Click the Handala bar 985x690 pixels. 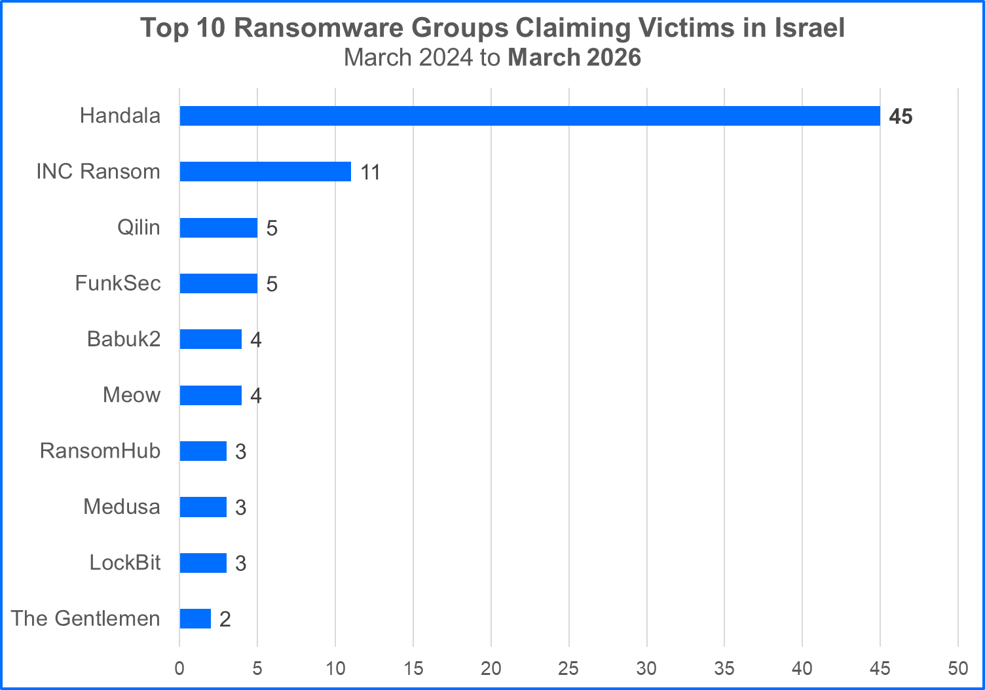pos(529,116)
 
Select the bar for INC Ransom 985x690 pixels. pos(265,172)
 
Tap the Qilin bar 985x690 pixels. pos(218,228)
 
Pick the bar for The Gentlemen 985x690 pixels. pos(195,619)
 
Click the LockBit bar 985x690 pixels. pos(203,563)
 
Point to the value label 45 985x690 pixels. pos(901,117)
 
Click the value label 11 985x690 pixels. pos(370,172)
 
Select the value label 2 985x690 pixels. pos(225,619)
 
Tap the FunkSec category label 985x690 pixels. pos(118,283)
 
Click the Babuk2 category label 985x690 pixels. pos(124,339)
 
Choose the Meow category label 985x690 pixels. pos(132,395)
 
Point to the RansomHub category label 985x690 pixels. pos(100,451)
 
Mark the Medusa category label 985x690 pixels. pos(122,507)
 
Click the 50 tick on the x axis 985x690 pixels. pos(957,668)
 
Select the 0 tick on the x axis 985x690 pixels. pos(179,668)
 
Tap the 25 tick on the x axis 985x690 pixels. pos(568,668)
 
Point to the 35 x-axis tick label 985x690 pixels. pos(724,668)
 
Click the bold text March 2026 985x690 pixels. pos(574,58)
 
